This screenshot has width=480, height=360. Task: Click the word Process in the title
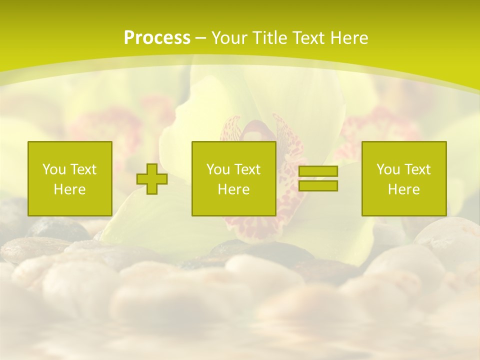tap(157, 38)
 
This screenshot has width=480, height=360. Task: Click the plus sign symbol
tap(152, 179)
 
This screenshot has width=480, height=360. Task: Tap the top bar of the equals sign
tap(318, 171)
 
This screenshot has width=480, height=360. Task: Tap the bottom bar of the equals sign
tap(318, 185)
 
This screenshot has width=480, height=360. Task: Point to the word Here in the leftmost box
tap(70, 189)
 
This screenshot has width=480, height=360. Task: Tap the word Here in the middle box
tap(234, 189)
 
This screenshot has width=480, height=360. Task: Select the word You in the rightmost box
tap(388, 169)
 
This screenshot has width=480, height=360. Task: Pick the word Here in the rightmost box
tap(404, 189)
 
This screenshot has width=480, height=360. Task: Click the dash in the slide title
tap(200, 38)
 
